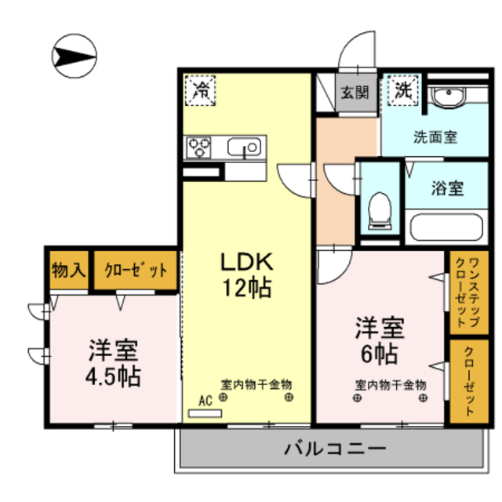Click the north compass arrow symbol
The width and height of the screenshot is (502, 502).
coord(75,56)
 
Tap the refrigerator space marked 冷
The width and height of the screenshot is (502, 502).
coord(201,90)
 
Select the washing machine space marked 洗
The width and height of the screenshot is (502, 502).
coord(403,90)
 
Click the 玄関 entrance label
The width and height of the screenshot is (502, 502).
coord(355,93)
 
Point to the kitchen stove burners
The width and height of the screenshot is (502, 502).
coord(198,147)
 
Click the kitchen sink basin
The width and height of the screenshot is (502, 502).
coord(244,147)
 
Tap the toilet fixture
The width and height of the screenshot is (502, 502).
coord(380,211)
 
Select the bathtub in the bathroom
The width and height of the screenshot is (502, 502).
coord(446,227)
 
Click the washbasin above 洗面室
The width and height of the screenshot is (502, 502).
coord(448,95)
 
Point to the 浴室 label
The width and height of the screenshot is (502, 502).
coord(447,188)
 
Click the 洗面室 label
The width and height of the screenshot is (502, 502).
coord(435,137)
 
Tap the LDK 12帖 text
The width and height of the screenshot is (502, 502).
coord(247,275)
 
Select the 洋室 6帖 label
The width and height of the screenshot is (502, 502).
coord(380,340)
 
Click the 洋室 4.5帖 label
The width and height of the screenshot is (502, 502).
coord(113,363)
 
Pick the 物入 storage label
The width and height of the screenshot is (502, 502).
coord(69,270)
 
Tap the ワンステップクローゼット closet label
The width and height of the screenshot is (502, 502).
coord(467,293)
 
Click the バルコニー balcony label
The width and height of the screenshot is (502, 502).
coord(335,449)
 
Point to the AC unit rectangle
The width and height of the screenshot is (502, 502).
coord(205,413)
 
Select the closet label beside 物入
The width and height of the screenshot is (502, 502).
coord(136,270)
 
